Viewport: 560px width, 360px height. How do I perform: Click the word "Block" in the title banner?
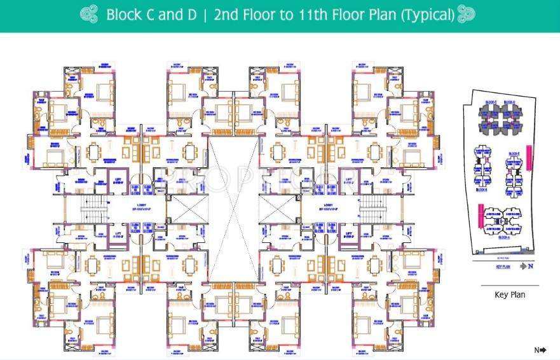123,15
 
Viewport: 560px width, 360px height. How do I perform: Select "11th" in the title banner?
311,15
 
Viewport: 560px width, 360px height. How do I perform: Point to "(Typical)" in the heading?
427,15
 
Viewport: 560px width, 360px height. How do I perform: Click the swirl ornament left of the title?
90,15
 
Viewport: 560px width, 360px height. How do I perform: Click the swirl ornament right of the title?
467,15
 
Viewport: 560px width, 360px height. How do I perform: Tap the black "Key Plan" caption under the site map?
509,294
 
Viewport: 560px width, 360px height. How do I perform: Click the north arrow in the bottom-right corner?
540,350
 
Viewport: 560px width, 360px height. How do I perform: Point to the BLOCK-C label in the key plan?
490,102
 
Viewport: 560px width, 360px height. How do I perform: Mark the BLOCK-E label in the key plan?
514,154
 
